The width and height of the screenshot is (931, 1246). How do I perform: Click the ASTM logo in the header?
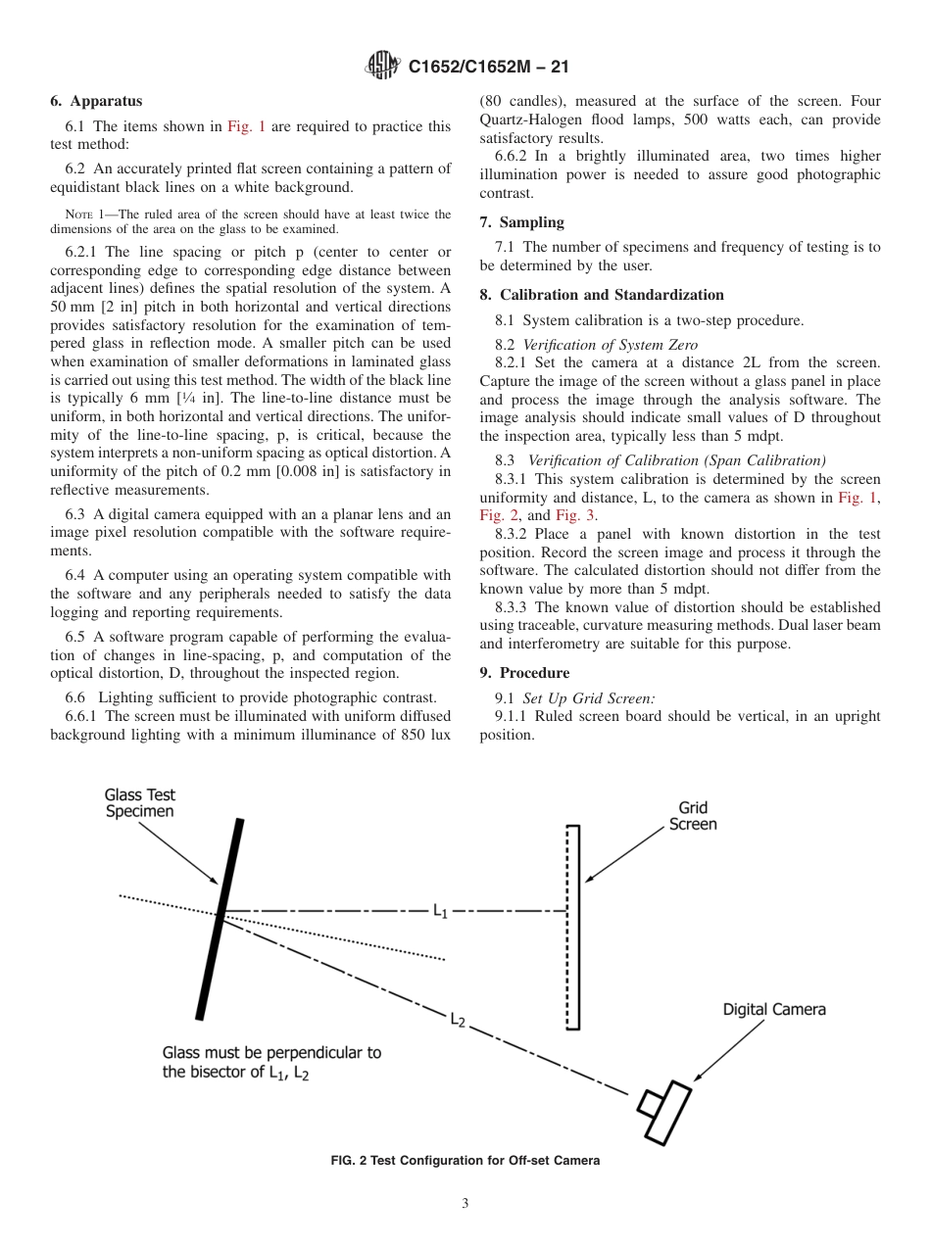click(x=382, y=67)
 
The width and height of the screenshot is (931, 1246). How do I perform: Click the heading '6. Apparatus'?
click(x=96, y=101)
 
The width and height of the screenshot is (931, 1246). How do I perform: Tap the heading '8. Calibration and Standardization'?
click(x=602, y=295)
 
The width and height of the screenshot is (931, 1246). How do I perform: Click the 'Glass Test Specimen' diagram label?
click(x=139, y=803)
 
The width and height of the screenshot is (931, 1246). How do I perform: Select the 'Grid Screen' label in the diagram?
click(x=692, y=816)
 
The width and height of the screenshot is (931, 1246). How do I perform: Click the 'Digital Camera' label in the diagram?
click(x=774, y=1009)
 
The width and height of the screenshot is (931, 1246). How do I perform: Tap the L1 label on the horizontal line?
click(x=441, y=911)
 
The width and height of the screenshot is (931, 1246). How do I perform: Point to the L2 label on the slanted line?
click(x=457, y=1020)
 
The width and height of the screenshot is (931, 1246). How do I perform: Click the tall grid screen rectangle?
click(x=572, y=927)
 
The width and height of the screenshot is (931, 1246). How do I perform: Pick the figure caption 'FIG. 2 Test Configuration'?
click(x=465, y=1161)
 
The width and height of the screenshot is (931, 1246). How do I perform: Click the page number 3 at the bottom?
click(x=465, y=1204)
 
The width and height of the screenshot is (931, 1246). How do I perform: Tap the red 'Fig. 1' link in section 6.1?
click(x=246, y=126)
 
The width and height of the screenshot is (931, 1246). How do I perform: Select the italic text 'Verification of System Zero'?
click(x=610, y=344)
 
